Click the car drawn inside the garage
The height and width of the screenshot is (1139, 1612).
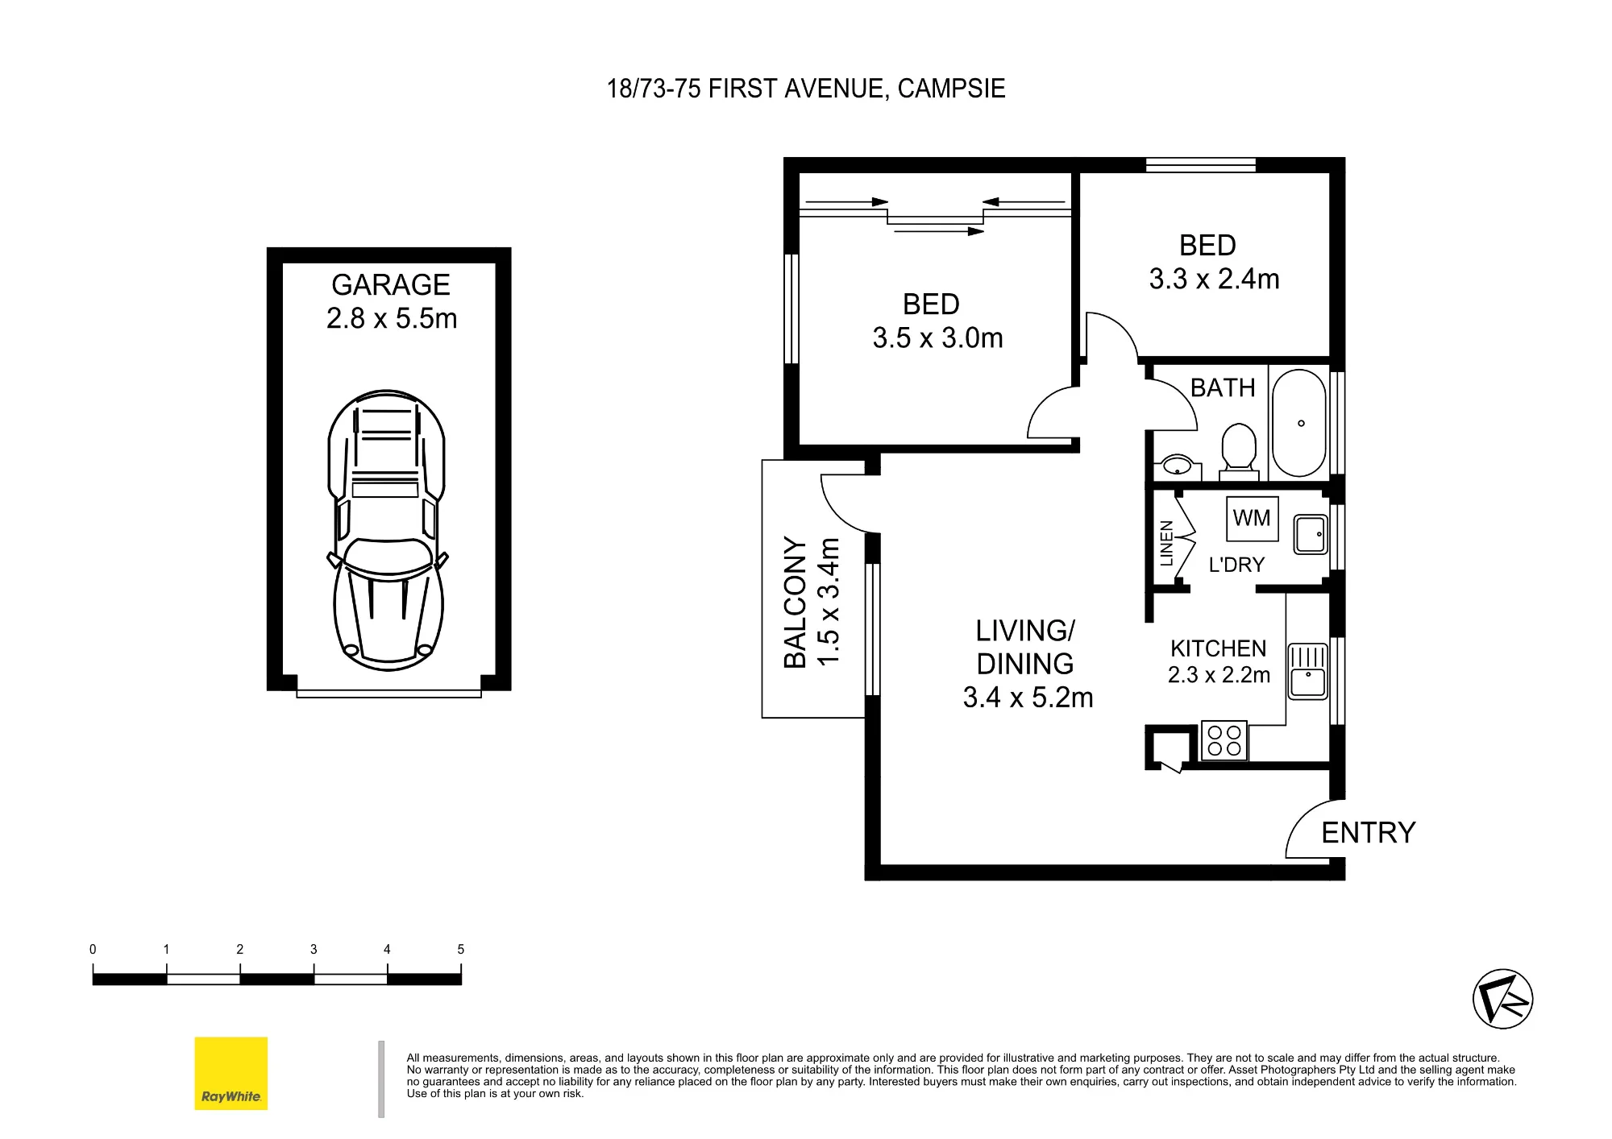tap(388, 531)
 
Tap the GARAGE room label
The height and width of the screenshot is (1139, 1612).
tap(391, 285)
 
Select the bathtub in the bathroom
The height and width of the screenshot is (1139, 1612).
tap(1298, 423)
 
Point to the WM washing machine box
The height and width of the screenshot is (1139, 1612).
tap(1252, 519)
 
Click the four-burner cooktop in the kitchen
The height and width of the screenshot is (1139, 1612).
tap(1224, 740)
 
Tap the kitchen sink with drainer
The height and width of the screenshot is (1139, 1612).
tap(1307, 671)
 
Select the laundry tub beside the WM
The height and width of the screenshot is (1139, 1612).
tap(1311, 534)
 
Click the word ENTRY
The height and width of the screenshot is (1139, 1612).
tap(1369, 833)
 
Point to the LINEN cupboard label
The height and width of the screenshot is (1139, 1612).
tap(1166, 543)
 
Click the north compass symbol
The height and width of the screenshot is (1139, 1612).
tap(1502, 999)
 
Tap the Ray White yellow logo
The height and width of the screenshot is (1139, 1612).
tap(231, 1073)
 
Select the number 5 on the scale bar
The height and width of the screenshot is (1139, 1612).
tap(461, 950)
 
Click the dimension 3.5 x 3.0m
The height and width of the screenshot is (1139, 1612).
tap(937, 338)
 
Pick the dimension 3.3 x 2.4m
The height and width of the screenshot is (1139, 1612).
tap(1214, 280)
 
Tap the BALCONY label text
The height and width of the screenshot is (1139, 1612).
tap(796, 603)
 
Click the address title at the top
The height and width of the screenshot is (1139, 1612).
tap(806, 89)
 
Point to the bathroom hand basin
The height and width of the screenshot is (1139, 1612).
tap(1178, 466)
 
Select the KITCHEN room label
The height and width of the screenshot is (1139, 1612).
tap(1219, 648)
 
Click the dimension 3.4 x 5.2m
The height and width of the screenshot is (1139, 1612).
tap(1028, 698)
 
